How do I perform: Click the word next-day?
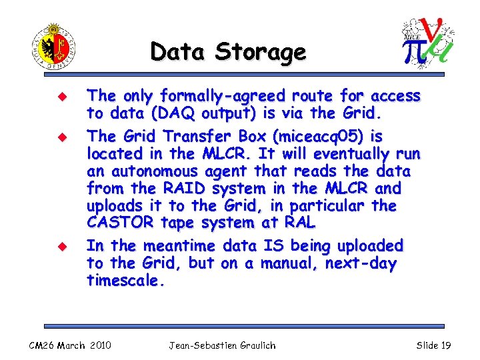pos(361,263)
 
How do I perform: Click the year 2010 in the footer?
pos(99,345)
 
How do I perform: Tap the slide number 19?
pos(446,345)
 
